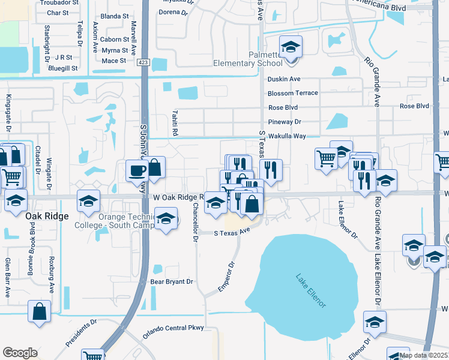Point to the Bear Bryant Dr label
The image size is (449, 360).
172,281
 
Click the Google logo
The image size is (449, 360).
20,353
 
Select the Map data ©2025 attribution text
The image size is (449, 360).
423,355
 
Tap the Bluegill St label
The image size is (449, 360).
62,68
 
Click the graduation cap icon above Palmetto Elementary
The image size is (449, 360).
291,47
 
